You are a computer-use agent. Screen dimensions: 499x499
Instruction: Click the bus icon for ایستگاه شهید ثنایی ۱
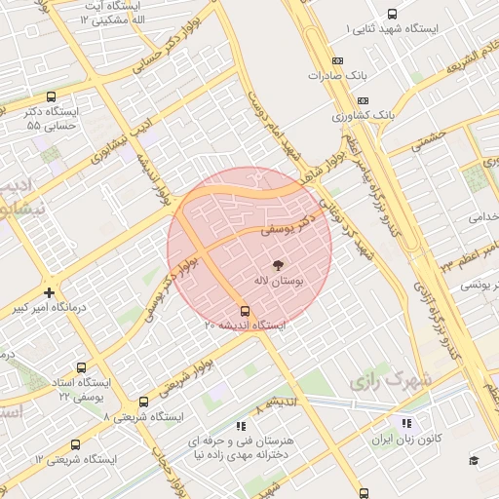pyautogui.click(x=392, y=14)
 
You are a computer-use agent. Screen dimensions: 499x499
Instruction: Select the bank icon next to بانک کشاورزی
pyautogui.click(x=364, y=99)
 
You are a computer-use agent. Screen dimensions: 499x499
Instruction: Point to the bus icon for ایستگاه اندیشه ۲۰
pyautogui.click(x=244, y=312)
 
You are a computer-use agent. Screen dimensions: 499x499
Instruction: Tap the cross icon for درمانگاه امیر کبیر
pyautogui.click(x=50, y=291)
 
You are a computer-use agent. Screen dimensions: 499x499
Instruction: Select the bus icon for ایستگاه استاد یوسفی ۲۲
pyautogui.click(x=80, y=368)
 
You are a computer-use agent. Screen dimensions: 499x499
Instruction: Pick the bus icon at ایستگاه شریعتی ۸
pyautogui.click(x=143, y=402)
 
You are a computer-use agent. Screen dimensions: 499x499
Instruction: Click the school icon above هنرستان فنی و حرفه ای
pyautogui.click(x=241, y=425)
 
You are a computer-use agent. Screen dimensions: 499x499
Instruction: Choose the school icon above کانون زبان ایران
pyautogui.click(x=406, y=423)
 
